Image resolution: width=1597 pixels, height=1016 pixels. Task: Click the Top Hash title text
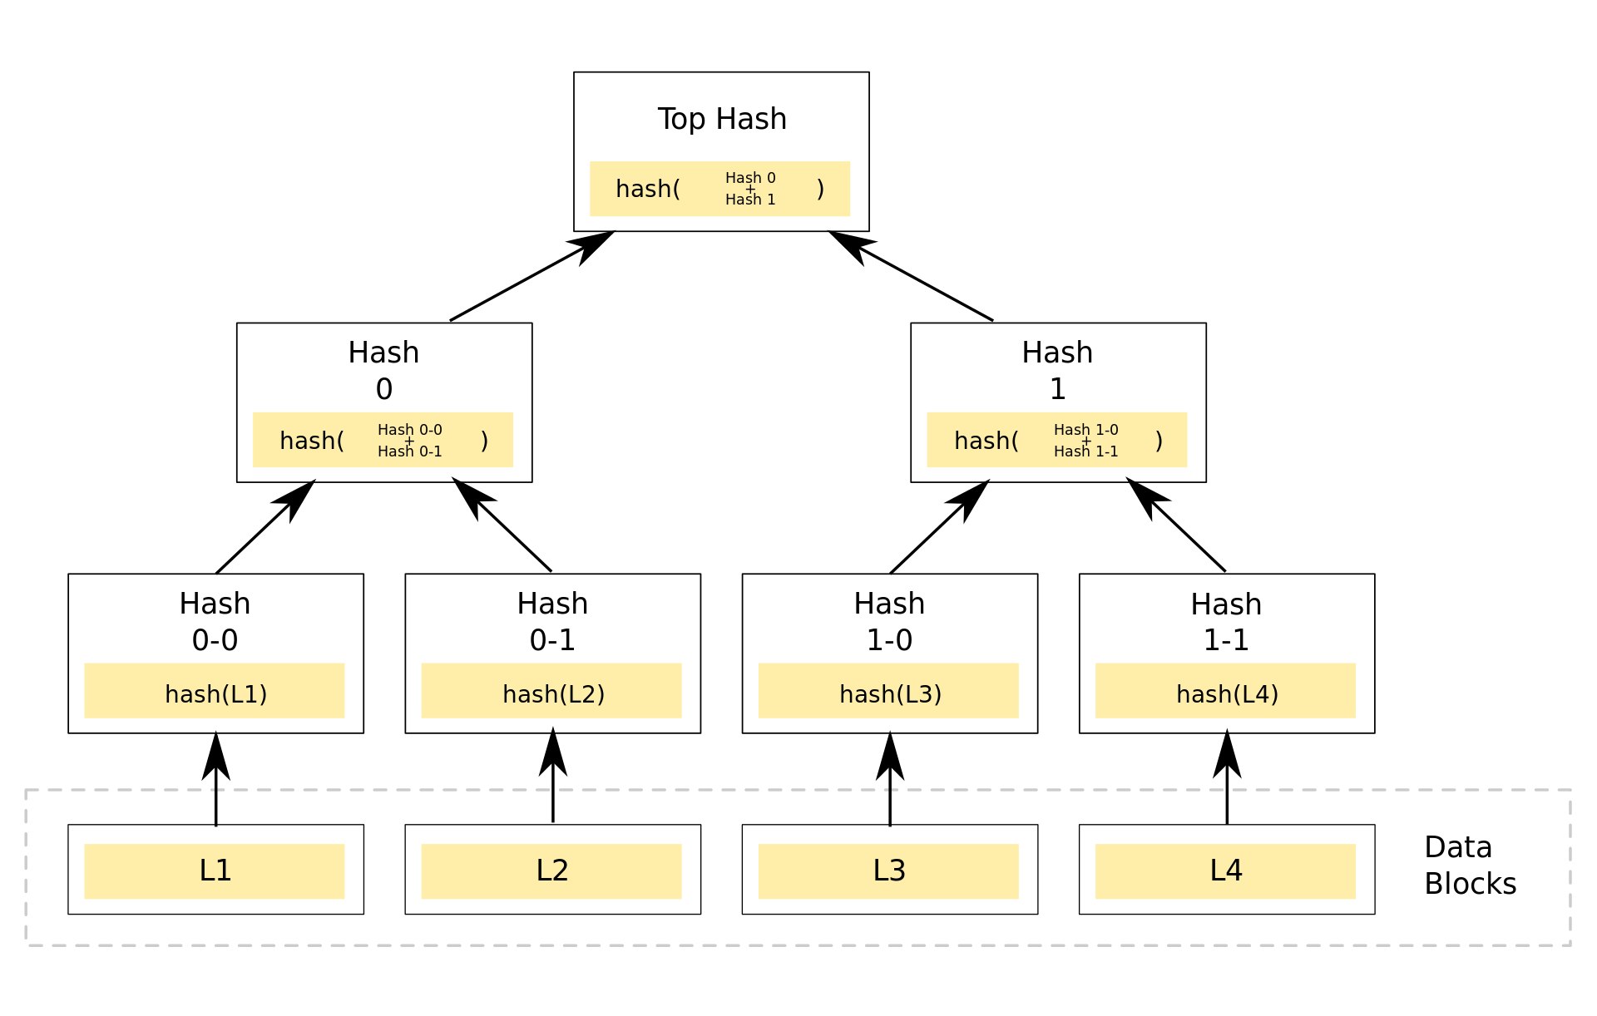pos(721,119)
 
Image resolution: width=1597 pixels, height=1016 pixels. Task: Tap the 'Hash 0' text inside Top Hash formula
pos(749,178)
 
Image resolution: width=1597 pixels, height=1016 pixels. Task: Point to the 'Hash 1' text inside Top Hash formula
pos(749,200)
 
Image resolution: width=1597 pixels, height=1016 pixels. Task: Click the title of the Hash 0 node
pos(383,370)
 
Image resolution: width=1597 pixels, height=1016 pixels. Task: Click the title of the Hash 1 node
pos(1057,370)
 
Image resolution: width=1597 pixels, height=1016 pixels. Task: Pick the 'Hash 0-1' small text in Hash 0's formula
pos(409,451)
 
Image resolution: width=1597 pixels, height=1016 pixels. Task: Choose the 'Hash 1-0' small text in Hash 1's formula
pos(1085,430)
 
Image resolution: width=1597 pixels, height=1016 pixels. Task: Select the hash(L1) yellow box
pos(215,691)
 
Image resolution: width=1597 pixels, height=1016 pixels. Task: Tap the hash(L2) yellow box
pos(551,691)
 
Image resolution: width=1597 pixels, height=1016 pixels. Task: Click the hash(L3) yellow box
pos(888,691)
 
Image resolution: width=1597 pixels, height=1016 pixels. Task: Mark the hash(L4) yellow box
pos(1225,691)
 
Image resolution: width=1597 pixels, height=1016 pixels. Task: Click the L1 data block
pos(215,871)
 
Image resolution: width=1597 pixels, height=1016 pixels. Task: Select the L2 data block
pos(551,871)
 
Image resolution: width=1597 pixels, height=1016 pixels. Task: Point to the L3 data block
pos(888,871)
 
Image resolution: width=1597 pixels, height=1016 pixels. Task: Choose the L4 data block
pos(1225,871)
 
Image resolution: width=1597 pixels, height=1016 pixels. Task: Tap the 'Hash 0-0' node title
pos(215,621)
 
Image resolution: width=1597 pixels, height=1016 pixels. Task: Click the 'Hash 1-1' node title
pos(1225,621)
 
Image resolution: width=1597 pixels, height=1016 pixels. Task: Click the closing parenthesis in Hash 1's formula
pos(1159,441)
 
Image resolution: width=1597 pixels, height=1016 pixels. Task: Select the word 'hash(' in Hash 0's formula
pos(312,441)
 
